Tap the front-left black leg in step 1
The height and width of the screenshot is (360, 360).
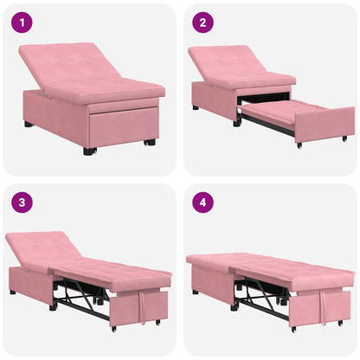tap(88, 151)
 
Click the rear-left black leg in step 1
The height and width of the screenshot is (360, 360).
tap(29, 125)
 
